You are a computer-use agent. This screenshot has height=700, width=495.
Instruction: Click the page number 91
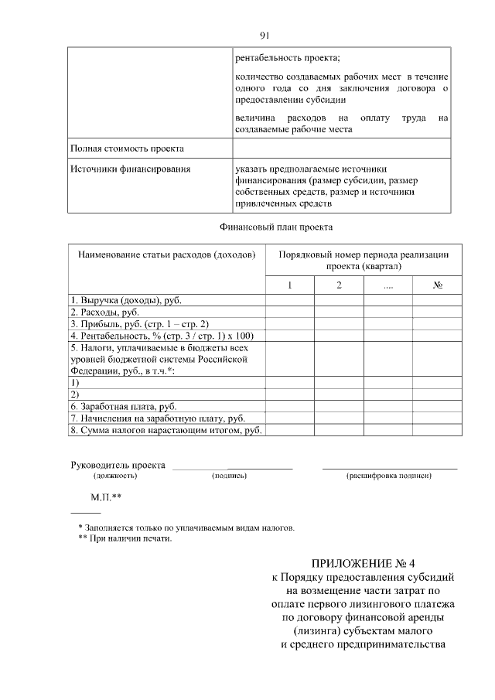(x=264, y=36)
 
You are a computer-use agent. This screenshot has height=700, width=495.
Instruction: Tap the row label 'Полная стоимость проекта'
(x=127, y=148)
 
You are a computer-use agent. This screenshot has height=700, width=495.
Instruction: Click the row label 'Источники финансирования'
(x=130, y=168)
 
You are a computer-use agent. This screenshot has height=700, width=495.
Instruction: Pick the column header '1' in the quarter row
(x=290, y=285)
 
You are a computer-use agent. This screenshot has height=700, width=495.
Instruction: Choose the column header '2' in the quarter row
(x=339, y=285)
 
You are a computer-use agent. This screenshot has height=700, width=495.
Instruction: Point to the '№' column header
(x=437, y=285)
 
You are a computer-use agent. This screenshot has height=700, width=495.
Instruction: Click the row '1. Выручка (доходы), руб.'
(x=125, y=300)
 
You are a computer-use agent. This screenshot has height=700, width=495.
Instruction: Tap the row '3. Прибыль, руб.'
(x=140, y=324)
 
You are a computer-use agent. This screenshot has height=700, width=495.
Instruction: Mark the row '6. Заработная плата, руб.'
(x=124, y=406)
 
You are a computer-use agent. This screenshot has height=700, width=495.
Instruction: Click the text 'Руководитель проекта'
(x=118, y=466)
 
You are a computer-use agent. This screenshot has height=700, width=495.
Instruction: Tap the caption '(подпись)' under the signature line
(x=229, y=475)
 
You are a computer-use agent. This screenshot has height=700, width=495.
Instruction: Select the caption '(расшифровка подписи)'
(x=389, y=475)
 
